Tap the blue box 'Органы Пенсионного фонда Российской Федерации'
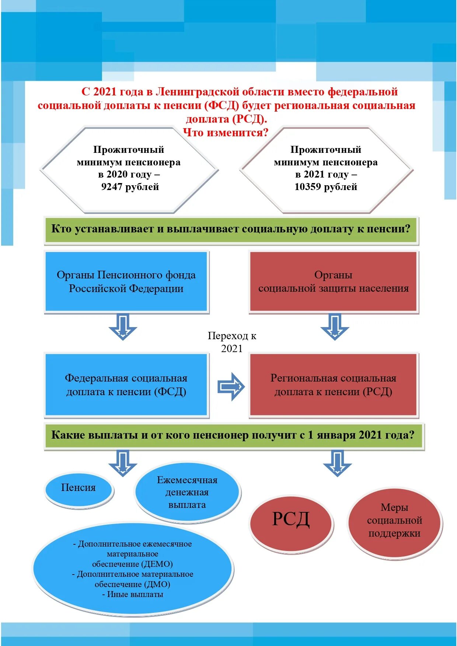point(126,282)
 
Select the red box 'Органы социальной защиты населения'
point(333,282)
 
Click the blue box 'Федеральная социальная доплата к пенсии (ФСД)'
point(126,385)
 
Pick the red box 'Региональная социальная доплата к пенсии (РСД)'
point(333,385)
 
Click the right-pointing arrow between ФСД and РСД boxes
point(231,386)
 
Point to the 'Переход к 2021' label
point(232,342)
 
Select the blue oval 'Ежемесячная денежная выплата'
point(187,492)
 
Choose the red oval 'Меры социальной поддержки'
point(394,520)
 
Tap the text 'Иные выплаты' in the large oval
point(135,594)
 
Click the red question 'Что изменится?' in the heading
point(226,133)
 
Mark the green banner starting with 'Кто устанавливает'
point(231,229)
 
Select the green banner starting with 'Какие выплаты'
point(233,435)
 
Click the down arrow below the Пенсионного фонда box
point(123,327)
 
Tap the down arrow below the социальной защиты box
point(335,327)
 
